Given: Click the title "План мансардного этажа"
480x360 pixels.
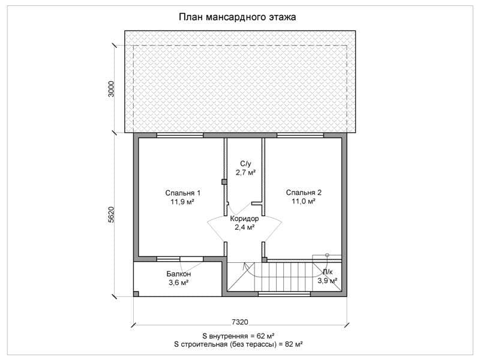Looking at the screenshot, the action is coord(237,17).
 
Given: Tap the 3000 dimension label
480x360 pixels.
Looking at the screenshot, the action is coord(111,89).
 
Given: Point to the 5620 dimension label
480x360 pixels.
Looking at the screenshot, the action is coord(111,215).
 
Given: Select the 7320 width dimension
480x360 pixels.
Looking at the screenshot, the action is coord(239,322).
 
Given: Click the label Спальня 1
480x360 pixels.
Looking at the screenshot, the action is coord(183,193).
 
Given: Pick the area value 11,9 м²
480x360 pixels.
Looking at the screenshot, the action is coord(183,202).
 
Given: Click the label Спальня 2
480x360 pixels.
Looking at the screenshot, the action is coord(304,193).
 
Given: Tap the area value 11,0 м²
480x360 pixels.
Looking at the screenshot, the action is coord(304,202).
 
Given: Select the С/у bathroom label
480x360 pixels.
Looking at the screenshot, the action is coord(245,164).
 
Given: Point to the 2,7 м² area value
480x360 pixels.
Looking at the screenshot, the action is coord(245,173).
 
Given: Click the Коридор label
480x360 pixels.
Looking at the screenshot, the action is coord(244,218).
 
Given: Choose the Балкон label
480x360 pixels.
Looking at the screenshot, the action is coord(178,274).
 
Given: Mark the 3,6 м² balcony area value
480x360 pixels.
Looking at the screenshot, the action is coord(178,283).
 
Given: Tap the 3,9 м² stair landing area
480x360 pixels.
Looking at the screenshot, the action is coord(327,280).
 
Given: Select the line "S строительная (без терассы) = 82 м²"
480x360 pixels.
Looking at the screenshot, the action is coord(238,344).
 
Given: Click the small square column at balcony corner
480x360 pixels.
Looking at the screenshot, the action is coord(136,294).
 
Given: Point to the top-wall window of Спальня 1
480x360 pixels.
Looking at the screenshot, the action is coord(180,136).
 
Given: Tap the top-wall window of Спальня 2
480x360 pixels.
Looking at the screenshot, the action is coord(301,136).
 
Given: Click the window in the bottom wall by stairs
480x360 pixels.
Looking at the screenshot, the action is coord(284,294).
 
